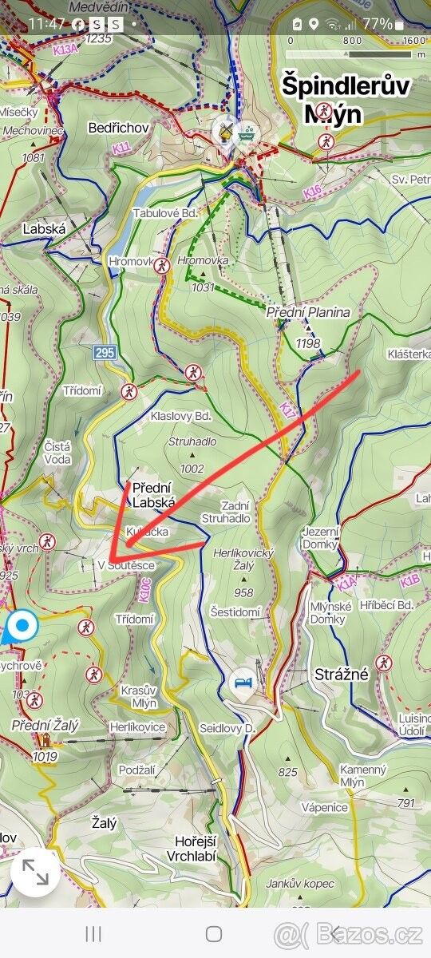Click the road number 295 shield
105,352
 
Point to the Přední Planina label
308,312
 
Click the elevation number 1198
307,344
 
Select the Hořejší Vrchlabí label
196,849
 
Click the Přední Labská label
153,495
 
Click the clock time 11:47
46,24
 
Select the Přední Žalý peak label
45,725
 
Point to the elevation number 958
243,592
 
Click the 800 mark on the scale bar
352,40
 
